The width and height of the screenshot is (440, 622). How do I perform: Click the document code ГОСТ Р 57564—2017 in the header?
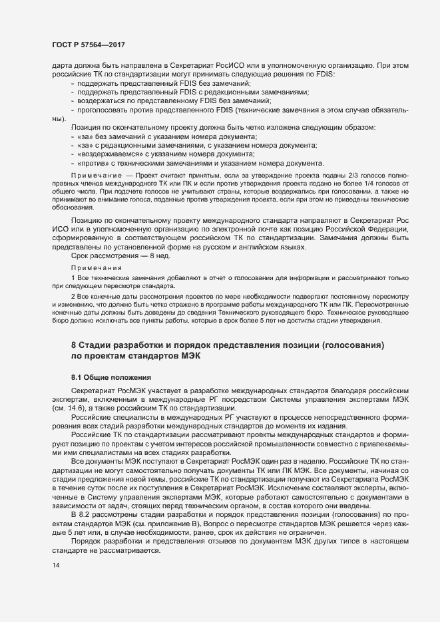(x=89, y=45)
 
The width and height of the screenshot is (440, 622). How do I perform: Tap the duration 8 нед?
(x=143, y=256)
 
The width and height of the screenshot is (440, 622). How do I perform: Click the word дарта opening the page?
(x=62, y=65)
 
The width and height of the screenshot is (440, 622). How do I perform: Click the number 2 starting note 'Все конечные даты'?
(x=73, y=295)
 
